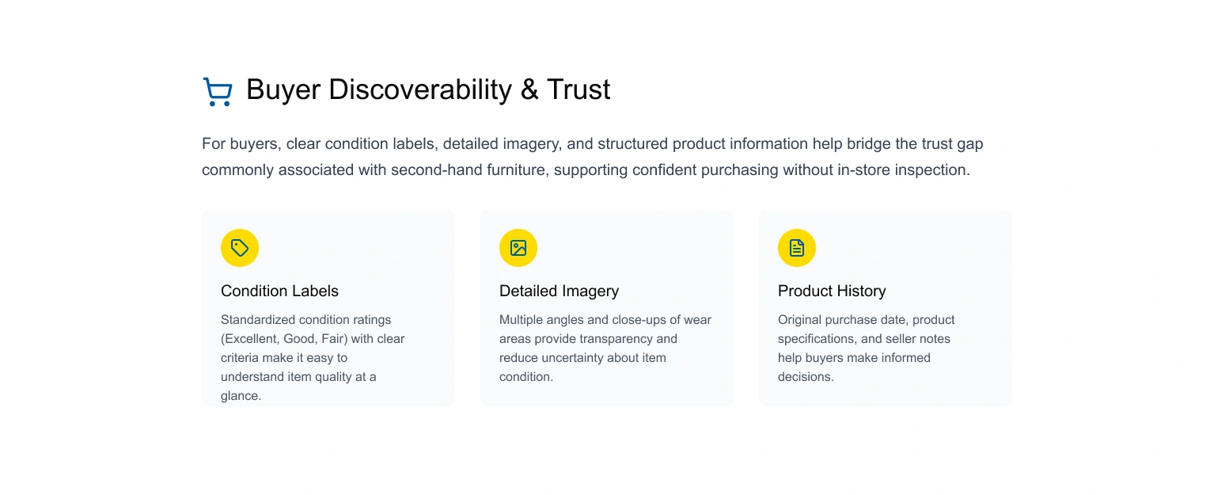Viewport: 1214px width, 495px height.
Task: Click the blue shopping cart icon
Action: [x=218, y=91]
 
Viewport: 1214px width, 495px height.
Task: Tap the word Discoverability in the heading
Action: [x=420, y=90]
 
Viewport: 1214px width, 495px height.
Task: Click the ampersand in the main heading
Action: [x=529, y=89]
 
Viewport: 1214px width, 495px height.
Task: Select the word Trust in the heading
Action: [x=579, y=89]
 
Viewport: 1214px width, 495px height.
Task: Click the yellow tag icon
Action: [x=240, y=248]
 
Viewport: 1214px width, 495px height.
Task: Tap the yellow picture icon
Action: [x=518, y=248]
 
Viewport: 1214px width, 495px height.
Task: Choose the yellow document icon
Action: [x=797, y=248]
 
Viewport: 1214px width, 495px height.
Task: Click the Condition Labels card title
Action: [x=279, y=291]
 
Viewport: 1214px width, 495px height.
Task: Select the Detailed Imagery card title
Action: [x=559, y=291]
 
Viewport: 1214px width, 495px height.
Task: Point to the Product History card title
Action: [x=832, y=291]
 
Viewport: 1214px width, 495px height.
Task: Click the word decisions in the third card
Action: [x=806, y=377]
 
